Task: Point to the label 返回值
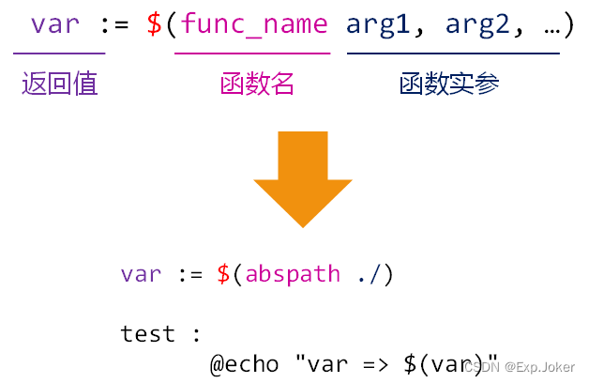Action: tap(60, 85)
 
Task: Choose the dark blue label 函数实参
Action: tap(448, 85)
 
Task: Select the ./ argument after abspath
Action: tap(368, 274)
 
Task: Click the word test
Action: tap(148, 333)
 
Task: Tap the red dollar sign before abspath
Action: tap(223, 274)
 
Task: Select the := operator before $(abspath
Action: tap(190, 274)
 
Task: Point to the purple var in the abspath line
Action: tap(141, 274)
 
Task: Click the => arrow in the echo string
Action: tap(368, 364)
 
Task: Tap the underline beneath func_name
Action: tap(252, 54)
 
